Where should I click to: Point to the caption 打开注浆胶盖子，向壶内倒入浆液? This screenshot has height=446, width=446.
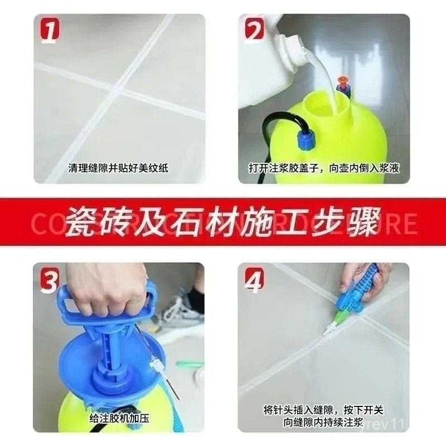point(324,167)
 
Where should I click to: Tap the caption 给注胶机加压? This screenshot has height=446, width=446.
point(119,417)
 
